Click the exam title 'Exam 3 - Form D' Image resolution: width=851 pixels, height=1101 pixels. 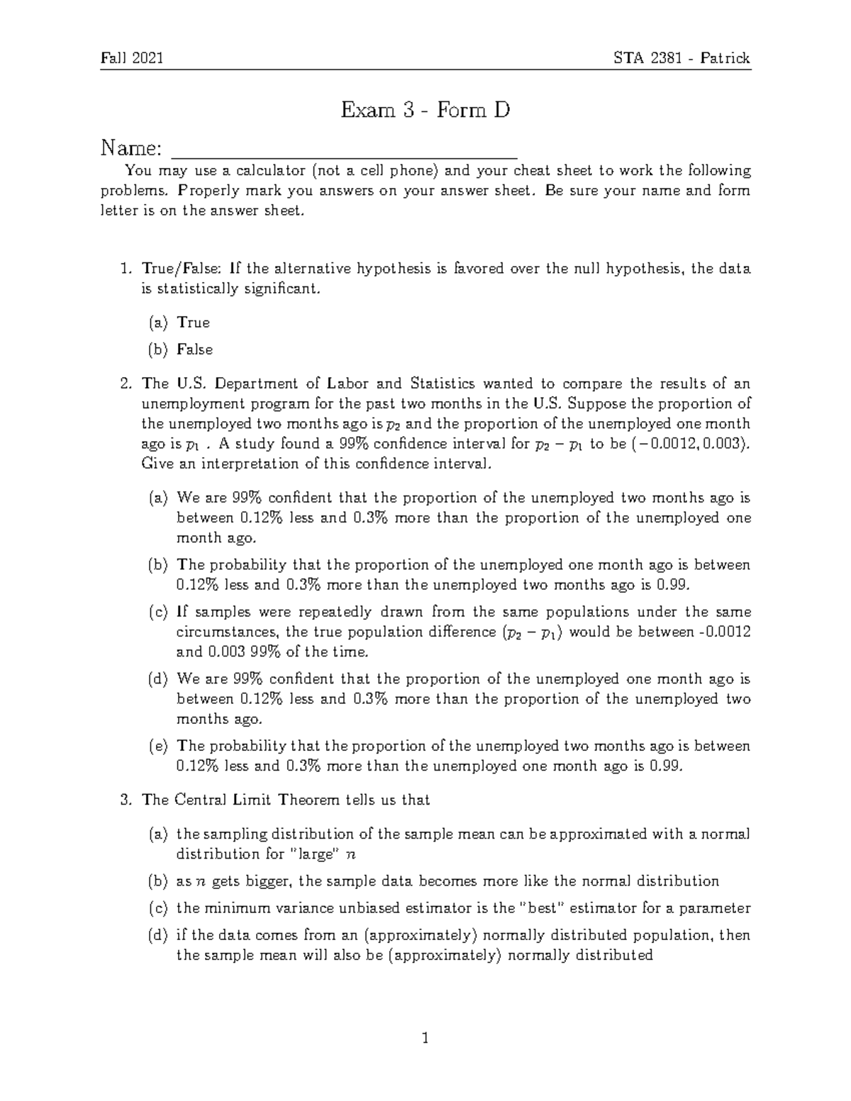(x=425, y=111)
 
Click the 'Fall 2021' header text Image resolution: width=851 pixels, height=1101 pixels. (x=132, y=58)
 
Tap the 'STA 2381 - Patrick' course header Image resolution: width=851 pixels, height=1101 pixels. (x=682, y=58)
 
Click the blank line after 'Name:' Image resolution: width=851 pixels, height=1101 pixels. (x=345, y=150)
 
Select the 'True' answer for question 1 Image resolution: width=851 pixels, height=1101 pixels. (x=193, y=323)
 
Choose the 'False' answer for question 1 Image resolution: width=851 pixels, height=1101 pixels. (x=194, y=350)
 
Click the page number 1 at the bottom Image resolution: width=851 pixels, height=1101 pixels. (x=425, y=1039)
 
